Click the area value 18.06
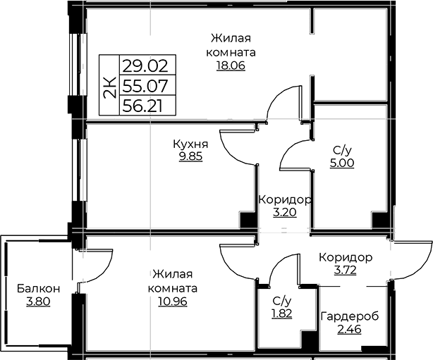point(231,66)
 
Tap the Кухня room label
point(190,144)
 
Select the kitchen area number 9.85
point(190,156)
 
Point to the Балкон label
point(38,289)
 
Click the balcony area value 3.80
point(38,302)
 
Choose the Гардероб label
point(350,316)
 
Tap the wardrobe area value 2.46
point(349,329)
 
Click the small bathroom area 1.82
point(281,314)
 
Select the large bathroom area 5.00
point(342,163)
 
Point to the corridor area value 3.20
point(285,213)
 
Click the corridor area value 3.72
point(345,271)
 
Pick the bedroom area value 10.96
point(173,302)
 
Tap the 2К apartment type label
point(109,87)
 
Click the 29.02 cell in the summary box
point(145,66)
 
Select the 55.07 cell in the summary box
point(145,85)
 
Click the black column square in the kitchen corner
point(248,220)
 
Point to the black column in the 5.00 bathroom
point(379,220)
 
